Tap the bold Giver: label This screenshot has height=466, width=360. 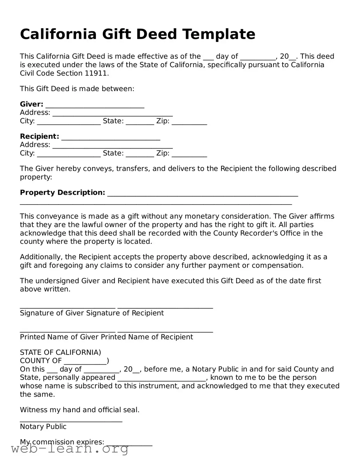[32, 104]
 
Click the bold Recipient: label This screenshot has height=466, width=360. [40, 136]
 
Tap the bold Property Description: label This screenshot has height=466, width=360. [62, 193]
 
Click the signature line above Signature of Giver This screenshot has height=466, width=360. [67, 307]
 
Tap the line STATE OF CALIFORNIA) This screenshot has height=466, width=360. [60, 352]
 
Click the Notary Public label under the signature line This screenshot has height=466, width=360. [43, 427]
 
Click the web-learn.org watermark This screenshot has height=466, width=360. [70, 449]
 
